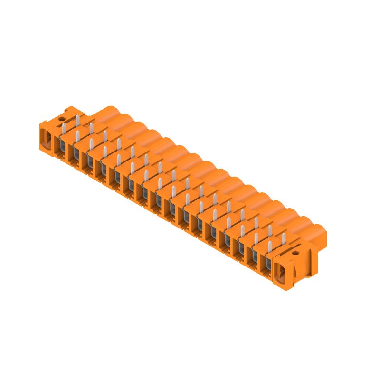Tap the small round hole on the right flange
(295, 254)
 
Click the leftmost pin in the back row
(77, 120)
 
